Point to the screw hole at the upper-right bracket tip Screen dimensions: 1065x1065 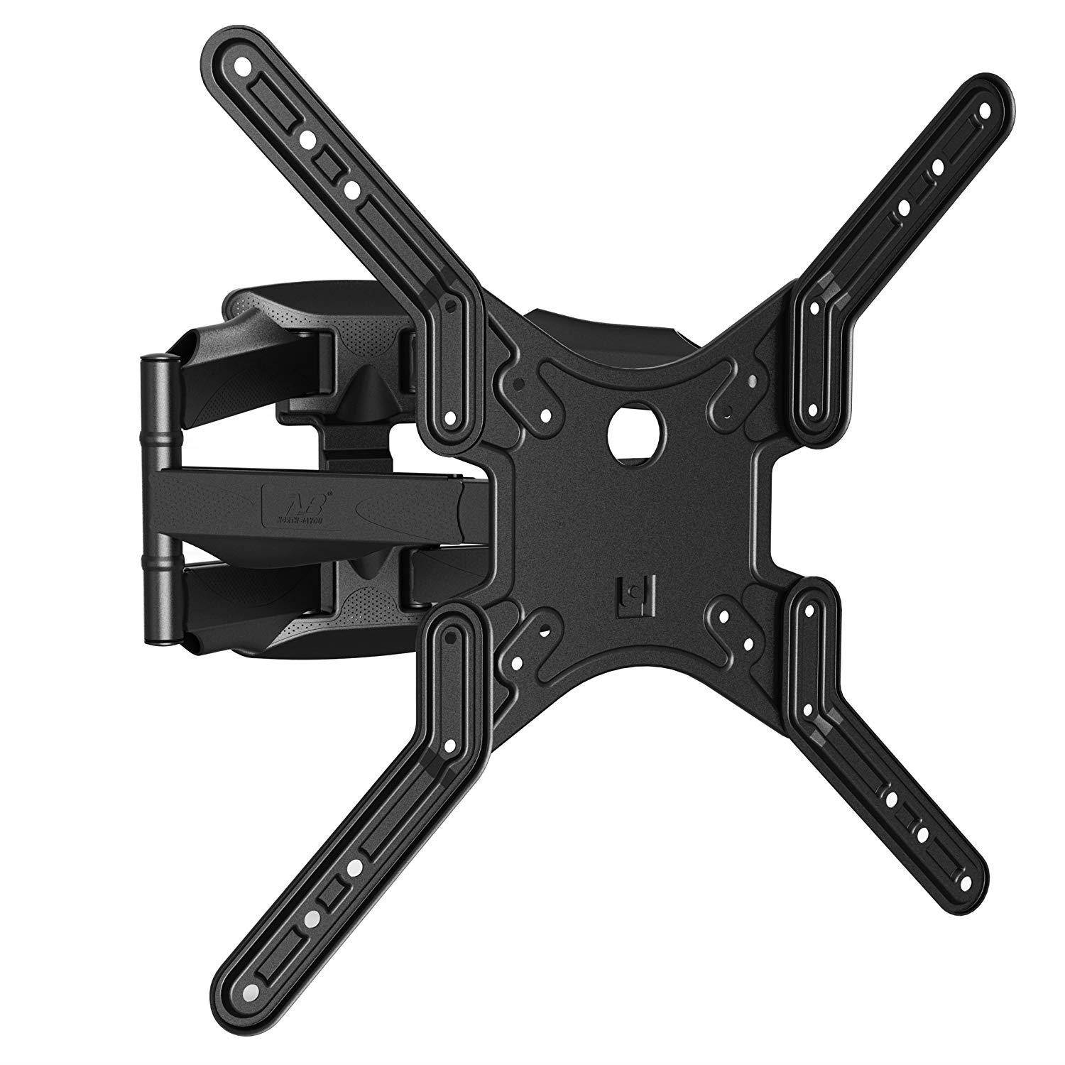tap(985, 112)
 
